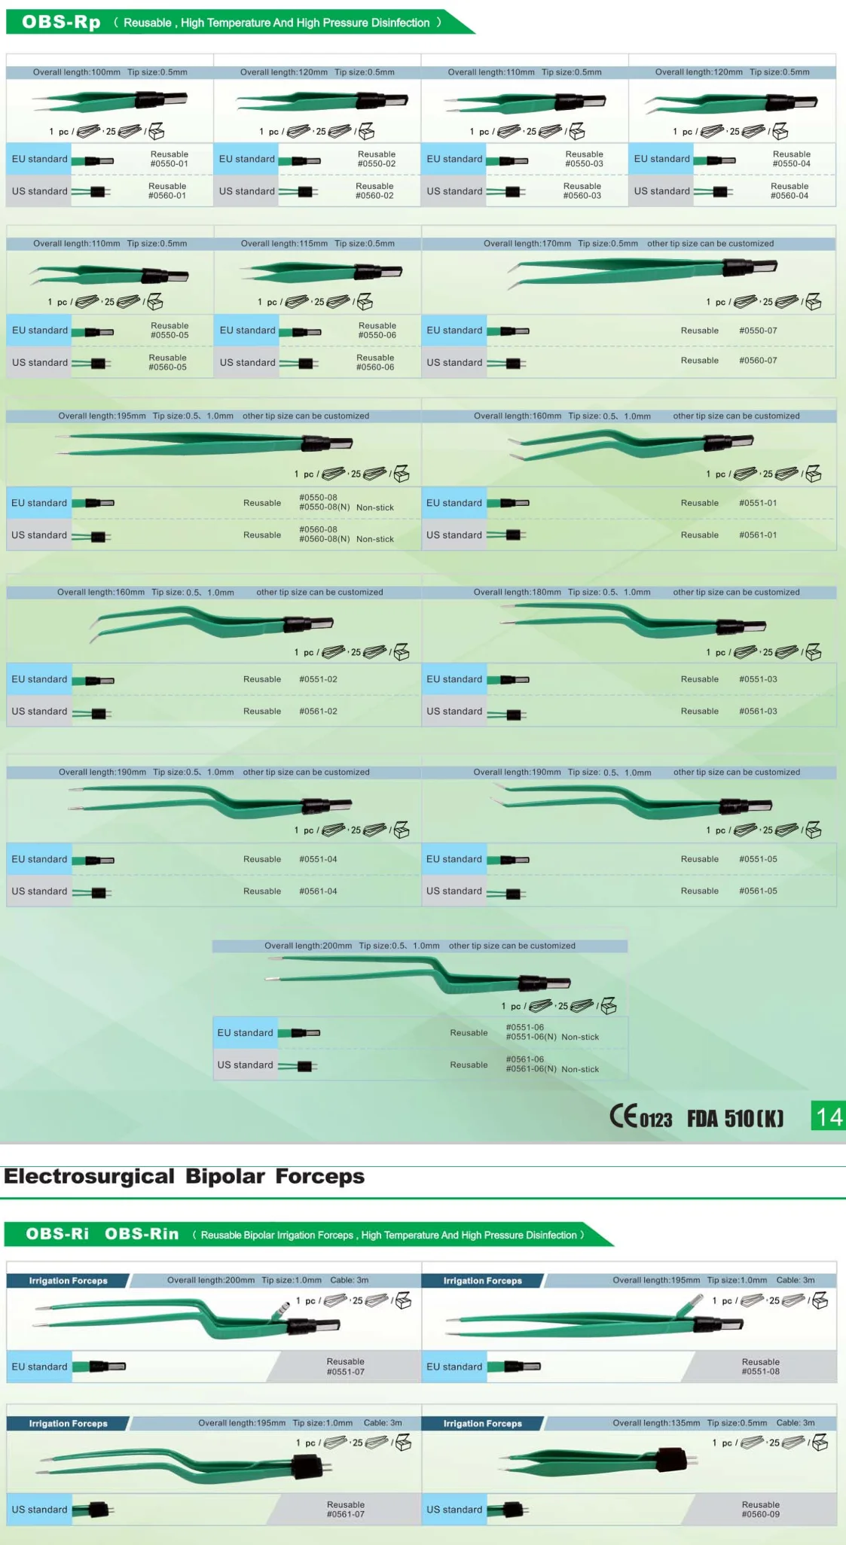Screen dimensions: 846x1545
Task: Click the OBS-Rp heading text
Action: click(x=61, y=22)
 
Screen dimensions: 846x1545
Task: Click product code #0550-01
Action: click(x=169, y=163)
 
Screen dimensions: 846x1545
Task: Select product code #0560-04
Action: click(x=789, y=196)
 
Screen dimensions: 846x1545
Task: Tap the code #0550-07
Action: click(x=758, y=331)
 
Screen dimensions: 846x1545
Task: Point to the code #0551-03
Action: click(x=758, y=679)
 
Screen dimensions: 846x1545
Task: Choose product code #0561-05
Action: click(x=758, y=891)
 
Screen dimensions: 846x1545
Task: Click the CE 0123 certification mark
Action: click(x=640, y=1117)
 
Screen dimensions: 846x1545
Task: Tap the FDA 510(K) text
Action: click(x=735, y=1118)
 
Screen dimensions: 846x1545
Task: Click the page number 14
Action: click(x=829, y=1117)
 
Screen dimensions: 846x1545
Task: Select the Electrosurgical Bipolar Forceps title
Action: click(x=185, y=1176)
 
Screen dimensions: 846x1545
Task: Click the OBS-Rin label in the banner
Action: click(x=142, y=1233)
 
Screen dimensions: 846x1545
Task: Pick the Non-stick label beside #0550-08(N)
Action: click(x=375, y=507)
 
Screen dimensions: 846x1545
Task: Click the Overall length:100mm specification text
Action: click(x=76, y=72)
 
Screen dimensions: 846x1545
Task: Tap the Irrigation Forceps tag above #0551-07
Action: click(x=69, y=1280)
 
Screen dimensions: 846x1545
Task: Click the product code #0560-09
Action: click(x=760, y=1514)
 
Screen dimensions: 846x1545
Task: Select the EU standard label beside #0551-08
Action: click(x=454, y=1367)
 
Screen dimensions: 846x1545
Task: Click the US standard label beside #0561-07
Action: click(x=39, y=1510)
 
